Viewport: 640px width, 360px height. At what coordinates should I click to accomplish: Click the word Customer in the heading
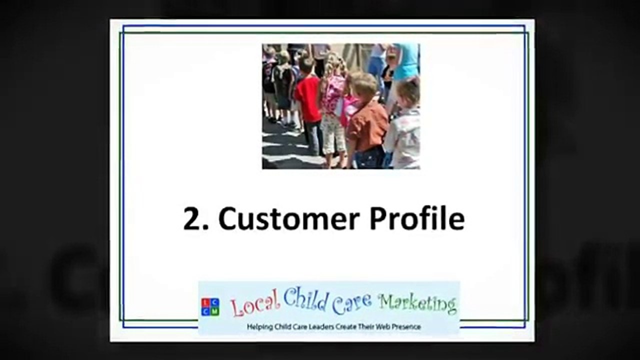coord(289,218)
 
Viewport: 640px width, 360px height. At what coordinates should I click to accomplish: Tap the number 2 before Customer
coord(193,218)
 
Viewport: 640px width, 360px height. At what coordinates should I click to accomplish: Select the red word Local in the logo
coord(255,303)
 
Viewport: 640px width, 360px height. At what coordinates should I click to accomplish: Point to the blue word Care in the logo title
coord(352,302)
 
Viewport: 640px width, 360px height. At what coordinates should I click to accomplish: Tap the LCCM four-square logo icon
coord(210,307)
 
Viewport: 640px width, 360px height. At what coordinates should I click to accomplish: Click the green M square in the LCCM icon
coord(215,311)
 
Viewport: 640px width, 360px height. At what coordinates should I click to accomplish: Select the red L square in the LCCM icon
coord(205,302)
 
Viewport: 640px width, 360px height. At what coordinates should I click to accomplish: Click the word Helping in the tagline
coord(259,326)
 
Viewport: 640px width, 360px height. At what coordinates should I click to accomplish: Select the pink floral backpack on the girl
coord(333,94)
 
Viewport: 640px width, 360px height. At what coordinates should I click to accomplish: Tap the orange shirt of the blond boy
coord(367,125)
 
